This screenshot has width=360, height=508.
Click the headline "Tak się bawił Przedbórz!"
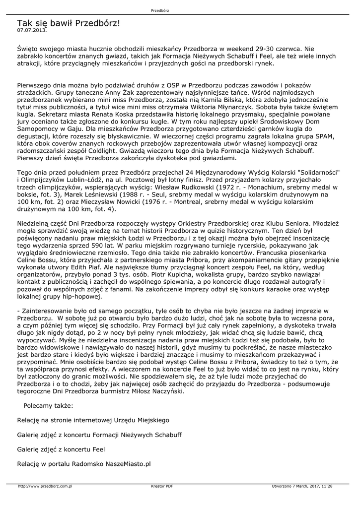coord(69,23)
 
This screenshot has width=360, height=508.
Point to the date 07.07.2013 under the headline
coord(32,30)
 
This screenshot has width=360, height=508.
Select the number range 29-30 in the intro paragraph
coord(257,49)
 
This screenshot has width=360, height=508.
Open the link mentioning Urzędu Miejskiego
coord(93,420)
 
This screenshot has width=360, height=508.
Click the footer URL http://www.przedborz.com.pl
coord(45,486)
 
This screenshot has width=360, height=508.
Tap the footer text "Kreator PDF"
coord(162,486)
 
